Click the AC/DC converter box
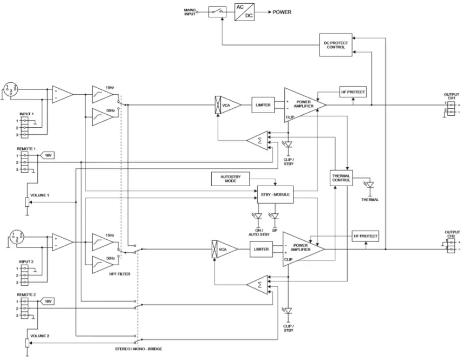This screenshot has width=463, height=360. [245, 11]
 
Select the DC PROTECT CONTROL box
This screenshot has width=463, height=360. [336, 43]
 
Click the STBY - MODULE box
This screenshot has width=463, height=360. [275, 194]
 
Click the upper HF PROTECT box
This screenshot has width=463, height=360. [353, 92]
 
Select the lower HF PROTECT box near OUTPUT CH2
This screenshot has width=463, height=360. [365, 237]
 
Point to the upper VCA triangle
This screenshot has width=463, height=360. [226, 104]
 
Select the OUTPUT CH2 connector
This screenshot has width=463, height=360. [451, 247]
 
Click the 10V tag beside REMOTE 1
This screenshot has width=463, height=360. [48, 155]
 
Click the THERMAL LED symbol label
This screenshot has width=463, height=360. [369, 199]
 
